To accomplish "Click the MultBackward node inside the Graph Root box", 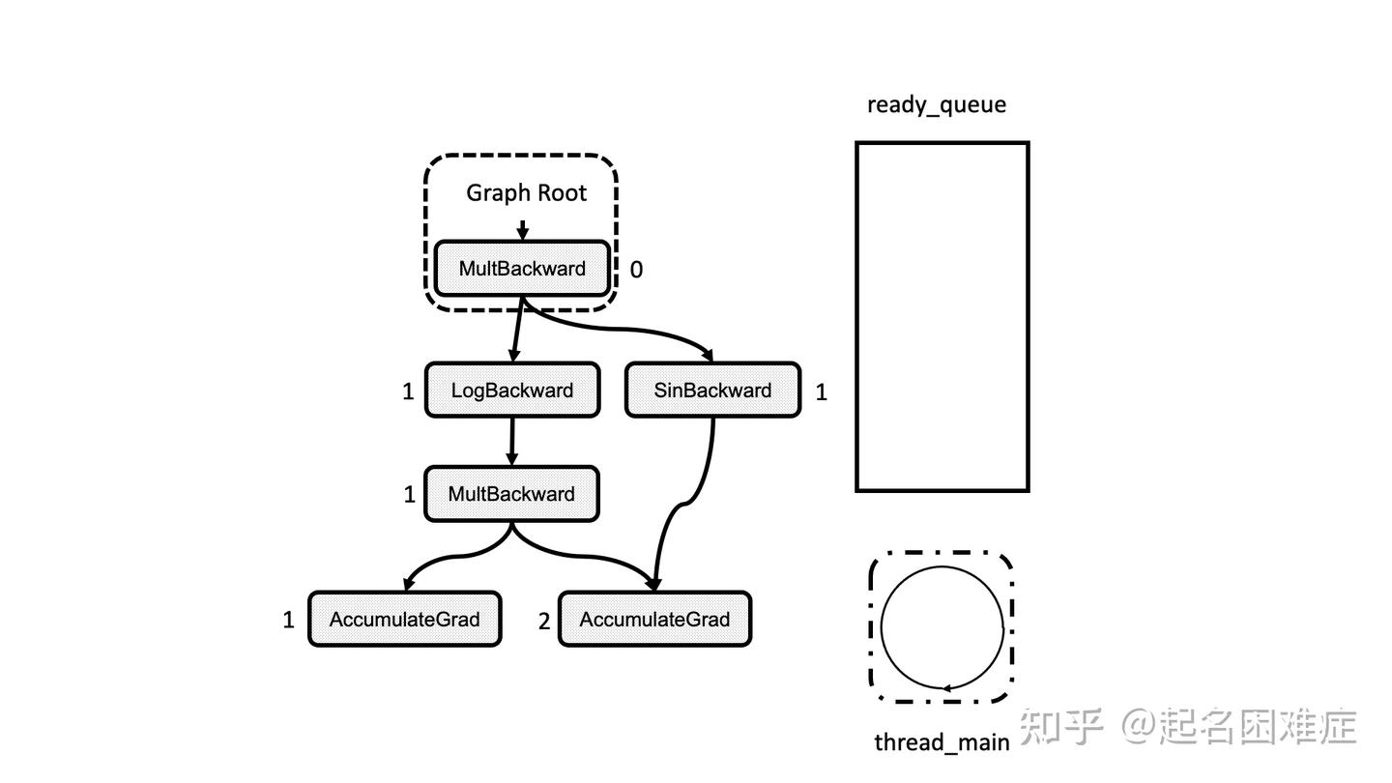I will pos(522,269).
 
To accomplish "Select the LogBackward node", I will pos(512,391).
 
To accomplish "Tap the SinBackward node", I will pos(712,391).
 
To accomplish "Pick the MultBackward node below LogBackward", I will pos(511,494).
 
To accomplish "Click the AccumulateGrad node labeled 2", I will pos(654,620).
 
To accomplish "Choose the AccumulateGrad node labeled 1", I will pos(404,620).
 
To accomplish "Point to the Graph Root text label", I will pos(526,192).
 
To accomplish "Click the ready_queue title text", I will pos(936,104).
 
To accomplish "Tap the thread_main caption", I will pos(942,742).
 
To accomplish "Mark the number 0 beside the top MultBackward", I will pos(636,270).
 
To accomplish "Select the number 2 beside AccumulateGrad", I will pos(543,622).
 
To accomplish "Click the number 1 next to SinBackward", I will pos(821,391).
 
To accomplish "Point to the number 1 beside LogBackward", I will pos(408,391).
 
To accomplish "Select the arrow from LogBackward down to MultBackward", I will pos(511,442).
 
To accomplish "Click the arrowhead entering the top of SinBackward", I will pos(707,356).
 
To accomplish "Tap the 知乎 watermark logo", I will pos(1061,726).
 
